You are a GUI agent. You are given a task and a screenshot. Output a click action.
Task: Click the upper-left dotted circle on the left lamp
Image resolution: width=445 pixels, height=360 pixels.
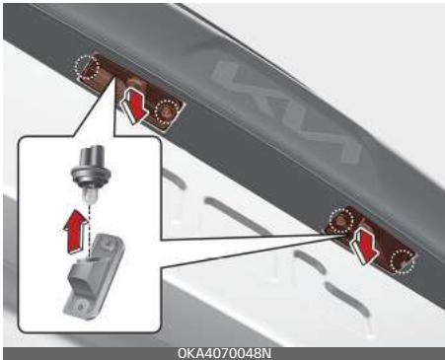[88, 67]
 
